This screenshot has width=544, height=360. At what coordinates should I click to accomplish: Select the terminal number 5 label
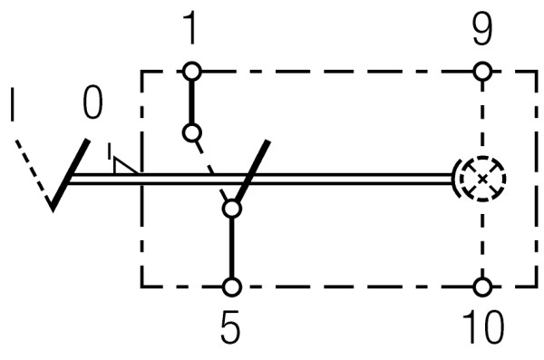click(231, 328)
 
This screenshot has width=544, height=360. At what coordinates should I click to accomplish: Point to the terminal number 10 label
click(482, 328)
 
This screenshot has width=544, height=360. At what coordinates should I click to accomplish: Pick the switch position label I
click(13, 106)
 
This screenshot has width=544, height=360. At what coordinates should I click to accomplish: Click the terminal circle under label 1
click(189, 70)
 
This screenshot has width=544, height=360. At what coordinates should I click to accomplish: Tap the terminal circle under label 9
click(482, 70)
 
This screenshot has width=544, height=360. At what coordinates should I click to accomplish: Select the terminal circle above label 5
click(232, 287)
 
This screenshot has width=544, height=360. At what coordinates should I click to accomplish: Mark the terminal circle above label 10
click(482, 287)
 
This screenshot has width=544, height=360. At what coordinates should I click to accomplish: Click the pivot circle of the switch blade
click(232, 209)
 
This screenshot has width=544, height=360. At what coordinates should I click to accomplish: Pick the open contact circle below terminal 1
click(190, 133)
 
